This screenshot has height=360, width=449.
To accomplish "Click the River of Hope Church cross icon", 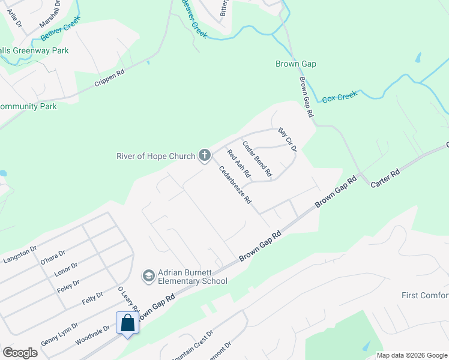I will click(204, 156).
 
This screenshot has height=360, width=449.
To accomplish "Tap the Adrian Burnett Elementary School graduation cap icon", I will click(148, 276).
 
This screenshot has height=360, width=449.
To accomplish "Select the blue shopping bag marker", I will click(128, 324).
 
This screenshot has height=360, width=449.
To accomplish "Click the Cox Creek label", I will click(340, 97).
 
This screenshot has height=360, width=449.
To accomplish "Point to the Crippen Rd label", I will click(109, 79).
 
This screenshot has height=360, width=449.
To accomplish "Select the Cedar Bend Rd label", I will click(258, 159).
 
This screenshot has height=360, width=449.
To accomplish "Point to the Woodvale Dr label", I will click(92, 335).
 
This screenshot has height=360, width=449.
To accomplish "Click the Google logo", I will click(20, 353).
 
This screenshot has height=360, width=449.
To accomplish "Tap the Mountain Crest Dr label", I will click(192, 342).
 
